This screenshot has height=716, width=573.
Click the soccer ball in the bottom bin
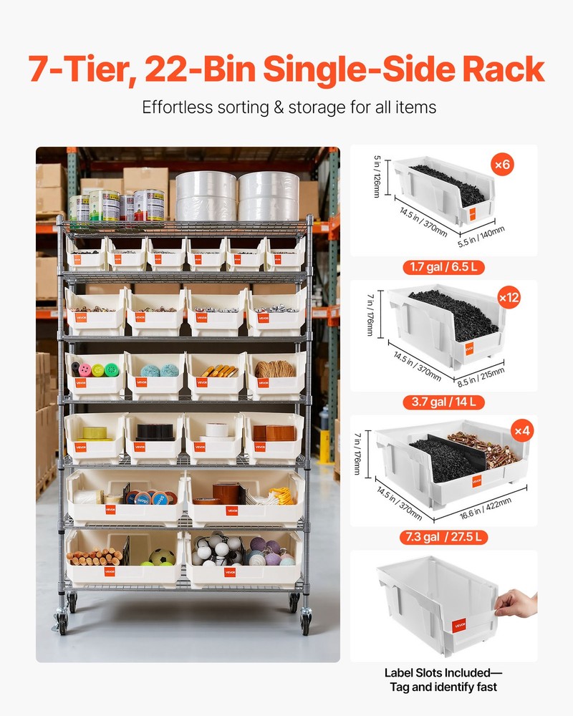(x=162, y=557)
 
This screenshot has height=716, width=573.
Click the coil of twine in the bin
(x=276, y=369)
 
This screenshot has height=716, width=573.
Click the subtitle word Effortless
(x=178, y=108)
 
